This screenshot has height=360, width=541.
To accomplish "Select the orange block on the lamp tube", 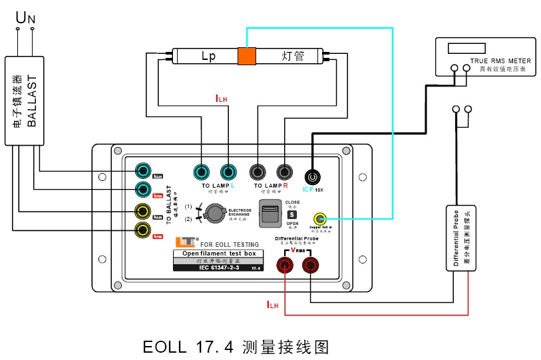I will pos(247,57).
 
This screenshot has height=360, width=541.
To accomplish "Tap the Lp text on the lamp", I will pos(208,57).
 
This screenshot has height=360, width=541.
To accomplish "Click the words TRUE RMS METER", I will pos(501,61).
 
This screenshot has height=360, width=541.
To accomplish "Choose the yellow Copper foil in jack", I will pos(320,218).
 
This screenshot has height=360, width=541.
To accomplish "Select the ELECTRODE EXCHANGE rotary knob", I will pos(213,213).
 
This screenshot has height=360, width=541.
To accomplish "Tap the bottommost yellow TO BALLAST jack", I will pos(142,230).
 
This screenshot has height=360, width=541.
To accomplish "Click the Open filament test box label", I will pos(218,254).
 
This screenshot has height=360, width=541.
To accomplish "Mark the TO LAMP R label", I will pos(270,186).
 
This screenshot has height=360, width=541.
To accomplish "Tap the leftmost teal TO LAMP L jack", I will pos(203,172).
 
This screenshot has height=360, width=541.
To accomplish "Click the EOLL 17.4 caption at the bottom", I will pos(236,347).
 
